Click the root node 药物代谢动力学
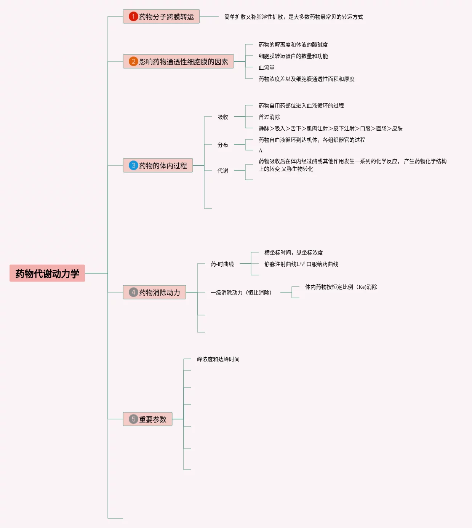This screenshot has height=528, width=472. [47, 273]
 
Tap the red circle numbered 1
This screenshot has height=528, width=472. [133, 16]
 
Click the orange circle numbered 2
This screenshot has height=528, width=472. [133, 61]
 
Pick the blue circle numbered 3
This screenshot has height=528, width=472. [133, 165]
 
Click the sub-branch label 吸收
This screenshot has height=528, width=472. [223, 117]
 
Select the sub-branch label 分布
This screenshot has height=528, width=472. [223, 145]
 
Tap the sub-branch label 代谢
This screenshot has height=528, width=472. [223, 171]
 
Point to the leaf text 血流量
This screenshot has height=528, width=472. [267, 67]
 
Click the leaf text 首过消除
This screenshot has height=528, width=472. [269, 117]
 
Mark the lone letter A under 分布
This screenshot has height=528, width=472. [261, 150]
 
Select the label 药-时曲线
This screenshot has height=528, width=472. [222, 264]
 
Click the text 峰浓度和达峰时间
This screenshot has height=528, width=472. [218, 359]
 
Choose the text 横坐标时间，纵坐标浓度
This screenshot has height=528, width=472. [294, 253]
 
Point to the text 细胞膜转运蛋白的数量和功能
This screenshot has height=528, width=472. [293, 56]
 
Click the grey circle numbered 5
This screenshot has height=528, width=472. [133, 419]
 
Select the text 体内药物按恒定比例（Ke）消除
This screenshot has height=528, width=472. [341, 287]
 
